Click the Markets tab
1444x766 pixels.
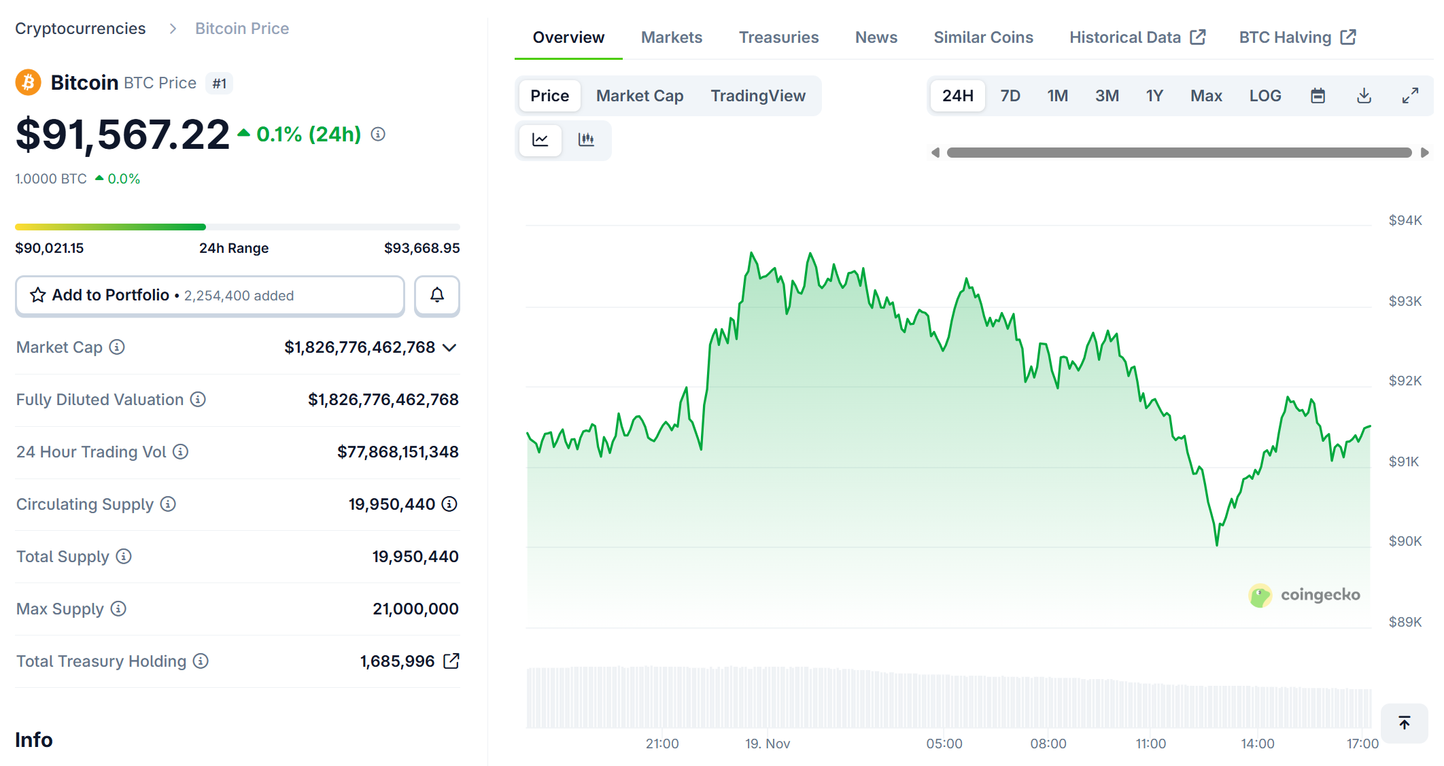coord(671,37)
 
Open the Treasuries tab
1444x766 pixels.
coord(778,37)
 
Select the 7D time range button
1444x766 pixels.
coord(1010,96)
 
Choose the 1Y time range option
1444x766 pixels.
coord(1154,96)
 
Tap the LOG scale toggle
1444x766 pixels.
coord(1265,96)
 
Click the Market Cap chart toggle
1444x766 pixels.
coord(639,96)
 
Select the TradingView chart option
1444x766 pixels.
coord(757,96)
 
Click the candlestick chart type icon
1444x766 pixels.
coord(586,140)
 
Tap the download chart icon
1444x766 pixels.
coord(1364,96)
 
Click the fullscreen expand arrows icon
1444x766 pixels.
coord(1410,96)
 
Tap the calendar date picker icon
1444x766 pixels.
coord(1318,96)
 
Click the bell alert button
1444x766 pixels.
coord(437,295)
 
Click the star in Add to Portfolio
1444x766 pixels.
coord(38,295)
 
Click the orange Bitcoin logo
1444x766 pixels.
coord(28,83)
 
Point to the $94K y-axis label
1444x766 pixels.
coord(1405,220)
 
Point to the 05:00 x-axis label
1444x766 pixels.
coord(944,744)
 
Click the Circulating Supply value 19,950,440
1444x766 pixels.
coord(392,504)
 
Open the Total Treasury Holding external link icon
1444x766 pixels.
coord(451,661)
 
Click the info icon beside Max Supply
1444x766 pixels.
coord(118,609)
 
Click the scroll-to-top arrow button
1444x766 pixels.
coord(1404,723)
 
